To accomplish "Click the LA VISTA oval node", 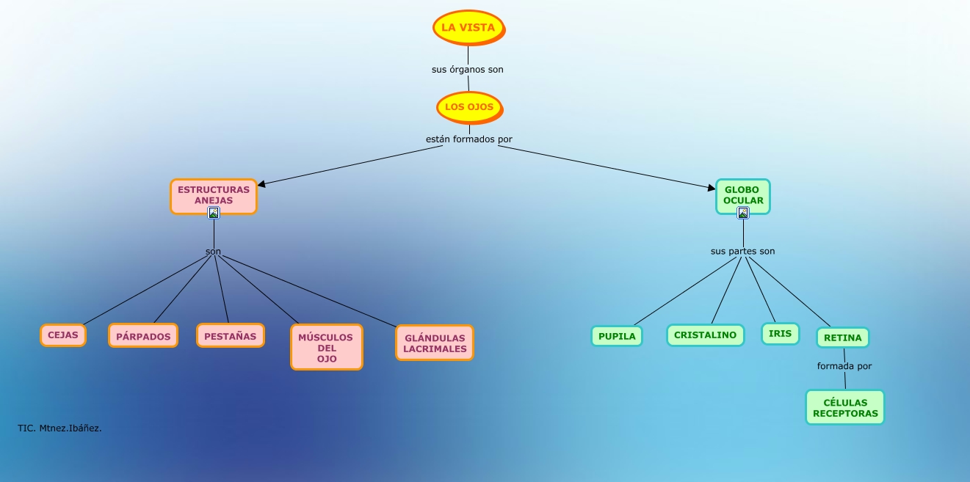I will (468, 28).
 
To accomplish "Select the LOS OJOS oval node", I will (469, 107).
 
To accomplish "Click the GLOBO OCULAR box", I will (743, 194).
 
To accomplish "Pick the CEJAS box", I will (63, 335).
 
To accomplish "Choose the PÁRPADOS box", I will (143, 336).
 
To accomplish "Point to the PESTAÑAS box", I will (230, 336).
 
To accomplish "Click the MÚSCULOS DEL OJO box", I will (327, 348).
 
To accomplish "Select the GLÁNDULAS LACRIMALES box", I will (435, 343).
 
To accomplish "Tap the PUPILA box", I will (617, 336).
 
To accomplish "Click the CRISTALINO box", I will (705, 335).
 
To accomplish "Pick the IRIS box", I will (780, 334).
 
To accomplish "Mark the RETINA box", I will (843, 337).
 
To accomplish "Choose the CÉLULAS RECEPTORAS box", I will (845, 408).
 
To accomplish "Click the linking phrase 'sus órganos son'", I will (468, 70).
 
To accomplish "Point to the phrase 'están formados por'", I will (469, 139).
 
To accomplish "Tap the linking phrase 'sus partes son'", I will (742, 251).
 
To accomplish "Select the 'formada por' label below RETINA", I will (844, 365).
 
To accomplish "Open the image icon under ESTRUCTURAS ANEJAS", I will (214, 213).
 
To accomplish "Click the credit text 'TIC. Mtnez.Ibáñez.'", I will (59, 428).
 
